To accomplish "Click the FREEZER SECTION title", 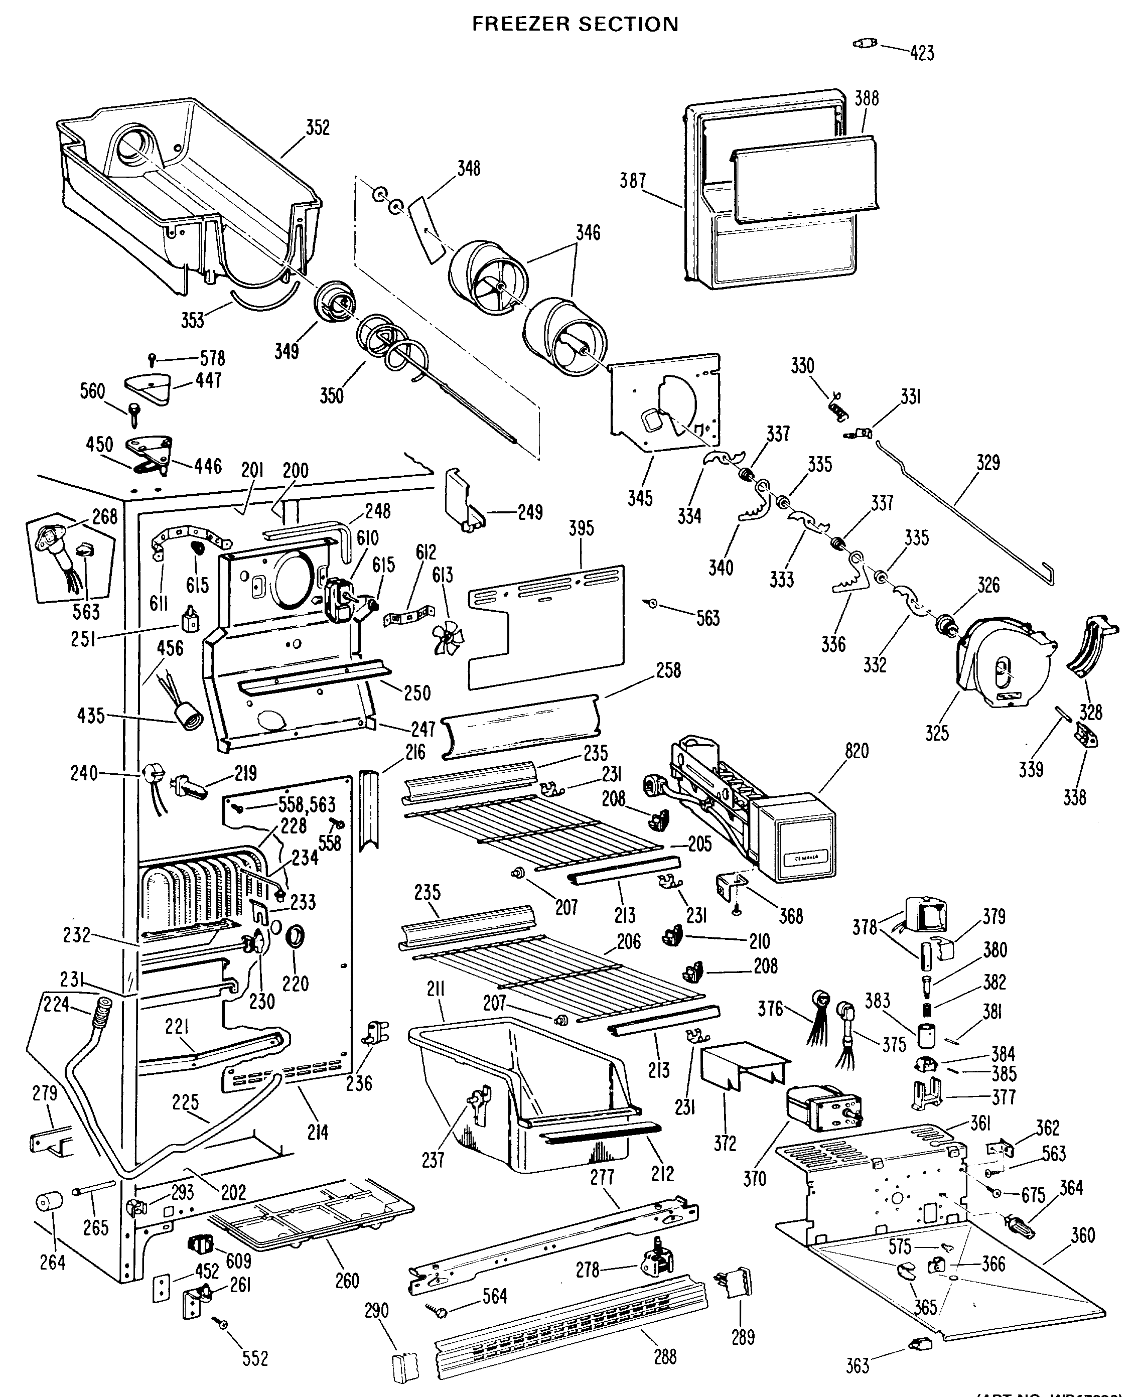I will point(575,24).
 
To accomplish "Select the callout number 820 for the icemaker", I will point(857,750).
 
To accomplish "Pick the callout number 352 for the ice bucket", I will point(317,127).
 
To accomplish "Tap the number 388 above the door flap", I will point(866,98).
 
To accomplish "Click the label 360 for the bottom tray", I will point(1083,1235).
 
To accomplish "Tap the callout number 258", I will point(668,670).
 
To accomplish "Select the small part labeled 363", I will point(915,1343).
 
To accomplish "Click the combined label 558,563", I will point(307,804).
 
